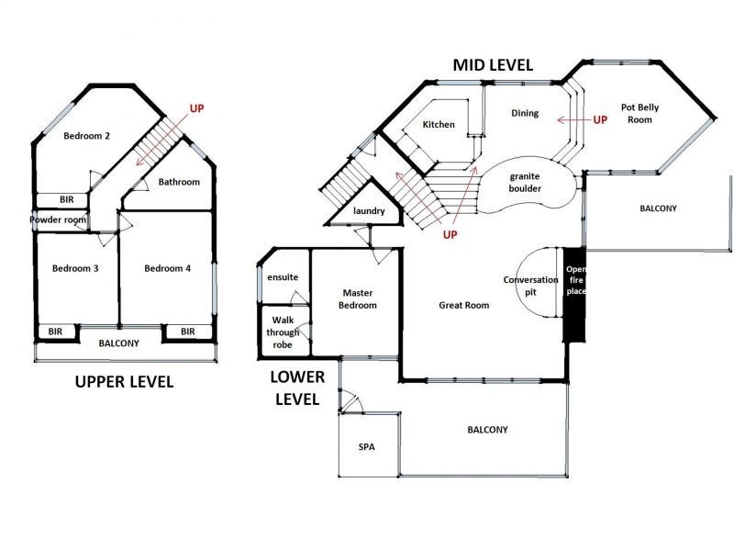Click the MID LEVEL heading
click(493, 65)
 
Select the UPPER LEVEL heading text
click(123, 382)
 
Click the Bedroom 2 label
click(87, 137)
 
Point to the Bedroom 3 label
click(76, 268)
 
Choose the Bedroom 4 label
click(168, 268)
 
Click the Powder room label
click(59, 219)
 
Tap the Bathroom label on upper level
click(179, 182)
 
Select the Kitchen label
click(438, 124)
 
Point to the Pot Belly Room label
click(639, 114)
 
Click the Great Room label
click(463, 305)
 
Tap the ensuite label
click(283, 277)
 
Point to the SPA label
click(367, 447)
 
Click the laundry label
click(369, 211)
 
